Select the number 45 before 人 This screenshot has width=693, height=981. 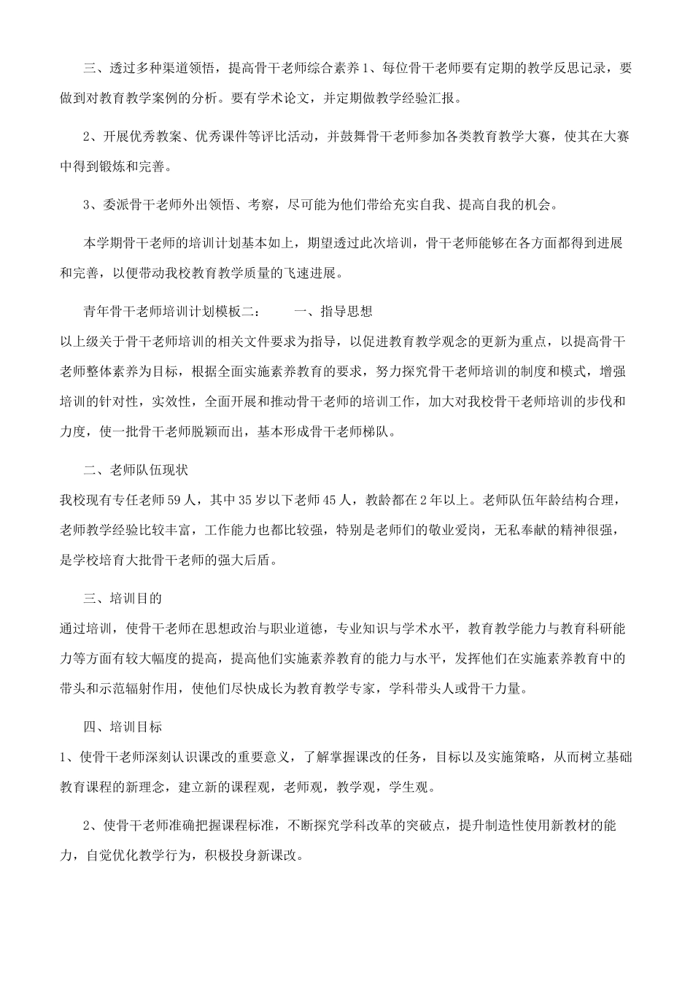[332, 500]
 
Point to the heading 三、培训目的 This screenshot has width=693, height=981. [122, 598]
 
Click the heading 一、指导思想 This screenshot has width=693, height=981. [333, 311]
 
